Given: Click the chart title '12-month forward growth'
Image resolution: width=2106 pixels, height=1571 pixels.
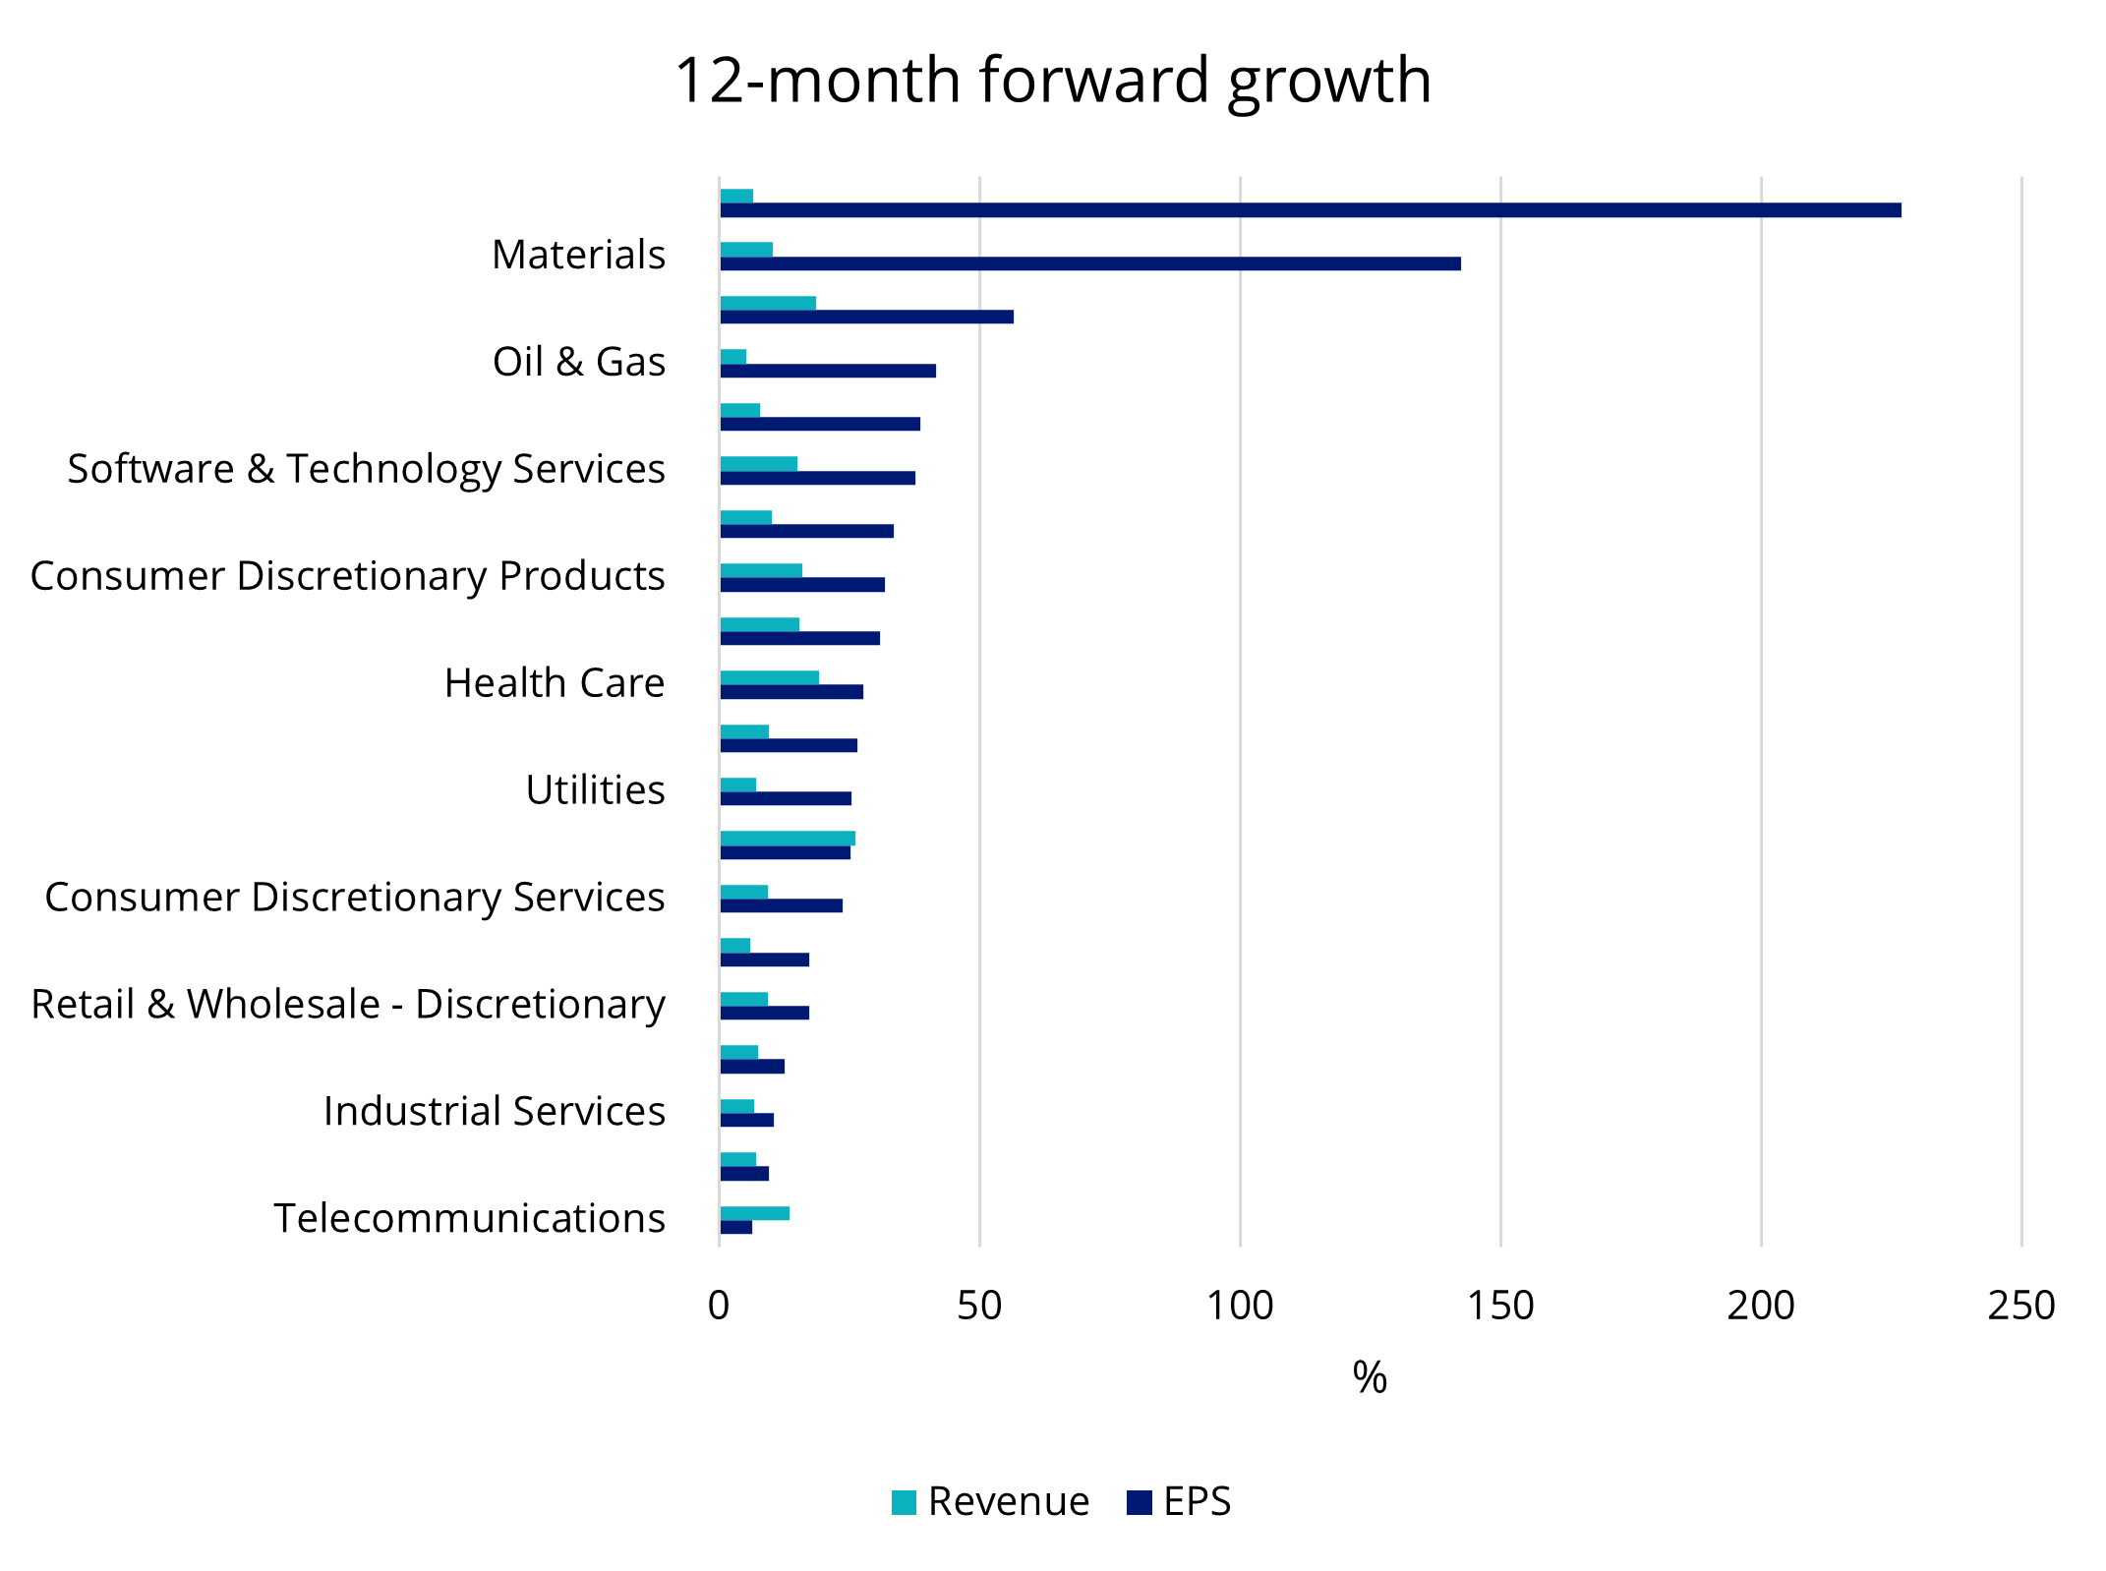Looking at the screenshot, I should pos(1052,81).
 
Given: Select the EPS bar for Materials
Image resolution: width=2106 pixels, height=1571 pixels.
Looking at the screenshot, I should pos(1089,263).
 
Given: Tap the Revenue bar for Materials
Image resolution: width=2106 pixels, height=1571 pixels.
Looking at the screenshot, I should pos(746,250).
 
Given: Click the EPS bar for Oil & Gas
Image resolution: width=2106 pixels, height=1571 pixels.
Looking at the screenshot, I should pos(827,371).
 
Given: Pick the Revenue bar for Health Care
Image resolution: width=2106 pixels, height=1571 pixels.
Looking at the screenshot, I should pos(769,677).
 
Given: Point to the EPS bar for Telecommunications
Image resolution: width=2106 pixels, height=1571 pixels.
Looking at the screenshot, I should pos(735,1227).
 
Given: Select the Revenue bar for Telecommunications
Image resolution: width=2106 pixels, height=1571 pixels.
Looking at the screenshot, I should pos(754,1213).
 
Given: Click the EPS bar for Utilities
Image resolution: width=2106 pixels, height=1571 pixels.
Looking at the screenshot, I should pos(785,798).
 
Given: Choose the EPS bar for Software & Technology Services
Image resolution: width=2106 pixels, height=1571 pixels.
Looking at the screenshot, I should pos(817,478).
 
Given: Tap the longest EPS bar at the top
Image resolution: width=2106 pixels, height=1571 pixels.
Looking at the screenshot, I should pos(1310,210).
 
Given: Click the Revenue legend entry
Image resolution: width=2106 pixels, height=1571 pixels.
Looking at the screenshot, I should pos(991,1502).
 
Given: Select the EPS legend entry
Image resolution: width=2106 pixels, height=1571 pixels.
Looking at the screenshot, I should pos(1180,1502).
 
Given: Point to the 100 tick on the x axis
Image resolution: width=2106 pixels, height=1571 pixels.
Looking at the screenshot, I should pos(1240,1307).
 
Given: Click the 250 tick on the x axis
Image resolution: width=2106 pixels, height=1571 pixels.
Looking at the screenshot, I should pos(2020,1307).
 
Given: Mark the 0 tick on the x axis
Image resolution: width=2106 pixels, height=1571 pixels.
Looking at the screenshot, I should pos(719,1307).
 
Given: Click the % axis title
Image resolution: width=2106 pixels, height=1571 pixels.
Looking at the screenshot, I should pos(1370,1377).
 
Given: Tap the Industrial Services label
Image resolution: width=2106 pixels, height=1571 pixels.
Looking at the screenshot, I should pos(494,1112).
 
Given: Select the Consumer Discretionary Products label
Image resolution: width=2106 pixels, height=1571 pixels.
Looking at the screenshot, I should pos(347,576).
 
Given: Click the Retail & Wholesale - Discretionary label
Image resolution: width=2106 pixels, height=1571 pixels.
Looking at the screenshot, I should pos(348,1005).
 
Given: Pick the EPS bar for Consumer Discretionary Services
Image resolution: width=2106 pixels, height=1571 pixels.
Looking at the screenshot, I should pos(781,905).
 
